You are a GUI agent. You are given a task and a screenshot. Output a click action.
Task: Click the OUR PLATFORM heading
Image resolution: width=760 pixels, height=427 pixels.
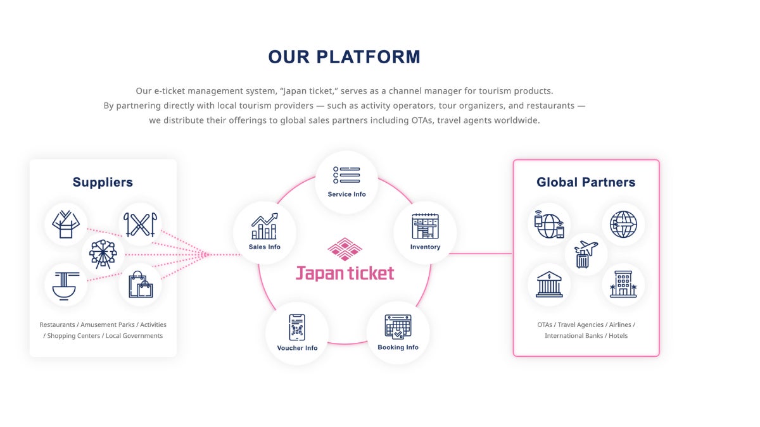[x=344, y=57]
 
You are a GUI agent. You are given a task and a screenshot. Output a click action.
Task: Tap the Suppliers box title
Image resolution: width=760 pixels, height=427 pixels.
[x=103, y=182]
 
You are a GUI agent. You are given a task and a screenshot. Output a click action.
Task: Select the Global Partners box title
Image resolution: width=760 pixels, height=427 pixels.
[x=586, y=182]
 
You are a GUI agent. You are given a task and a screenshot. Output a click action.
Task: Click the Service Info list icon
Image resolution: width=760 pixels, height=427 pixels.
[x=346, y=175]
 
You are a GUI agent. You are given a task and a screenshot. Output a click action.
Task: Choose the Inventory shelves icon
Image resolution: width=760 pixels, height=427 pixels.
[x=425, y=226]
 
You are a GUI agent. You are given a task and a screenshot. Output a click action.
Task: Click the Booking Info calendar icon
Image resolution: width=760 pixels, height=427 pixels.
[x=398, y=327]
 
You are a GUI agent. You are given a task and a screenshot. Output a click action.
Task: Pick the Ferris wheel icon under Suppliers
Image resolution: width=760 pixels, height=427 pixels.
[x=103, y=254]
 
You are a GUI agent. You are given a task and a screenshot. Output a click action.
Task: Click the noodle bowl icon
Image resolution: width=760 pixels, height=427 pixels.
[x=66, y=284]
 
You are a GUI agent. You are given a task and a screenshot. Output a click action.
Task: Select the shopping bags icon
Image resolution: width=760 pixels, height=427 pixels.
[x=141, y=284]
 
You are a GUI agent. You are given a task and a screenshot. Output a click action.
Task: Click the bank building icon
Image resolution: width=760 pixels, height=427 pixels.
[x=548, y=284]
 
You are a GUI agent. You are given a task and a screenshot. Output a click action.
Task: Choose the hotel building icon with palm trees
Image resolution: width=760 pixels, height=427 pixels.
[x=623, y=284]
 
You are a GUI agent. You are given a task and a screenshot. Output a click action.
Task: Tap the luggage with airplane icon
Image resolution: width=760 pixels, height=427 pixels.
[x=586, y=254]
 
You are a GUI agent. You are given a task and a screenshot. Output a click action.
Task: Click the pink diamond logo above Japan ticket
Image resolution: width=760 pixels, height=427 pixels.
[x=345, y=249]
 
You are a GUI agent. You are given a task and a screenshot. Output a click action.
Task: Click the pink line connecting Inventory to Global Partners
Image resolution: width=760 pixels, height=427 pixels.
[x=481, y=254]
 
